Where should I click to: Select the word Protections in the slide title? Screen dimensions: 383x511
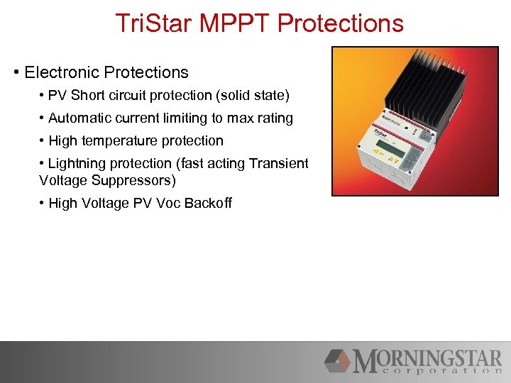click(x=341, y=23)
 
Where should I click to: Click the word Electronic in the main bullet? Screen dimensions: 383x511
click(x=62, y=72)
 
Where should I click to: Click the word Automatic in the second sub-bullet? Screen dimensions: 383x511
click(x=79, y=118)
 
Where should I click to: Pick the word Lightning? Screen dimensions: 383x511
click(x=78, y=163)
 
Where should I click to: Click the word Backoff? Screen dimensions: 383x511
click(x=208, y=203)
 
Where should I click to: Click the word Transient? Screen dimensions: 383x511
click(x=279, y=163)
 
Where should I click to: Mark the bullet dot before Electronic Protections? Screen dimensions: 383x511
click(x=16, y=72)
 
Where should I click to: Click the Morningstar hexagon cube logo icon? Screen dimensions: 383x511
click(x=337, y=360)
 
